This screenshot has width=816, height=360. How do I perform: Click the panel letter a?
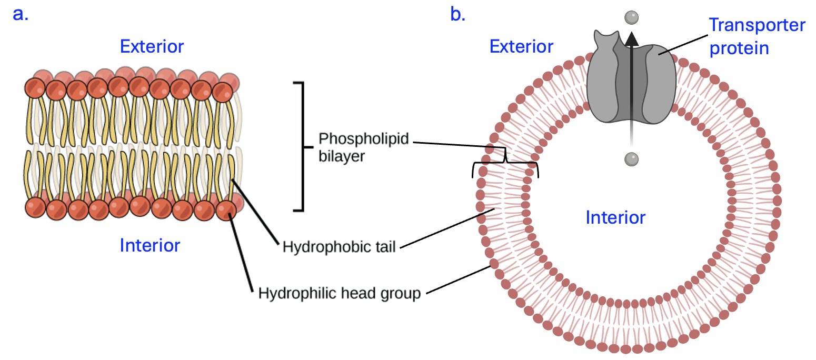pos(20,14)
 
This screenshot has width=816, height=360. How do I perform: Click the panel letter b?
pos(457,14)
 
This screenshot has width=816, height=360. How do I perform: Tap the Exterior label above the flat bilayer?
pos(152,46)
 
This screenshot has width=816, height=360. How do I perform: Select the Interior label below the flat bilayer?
pos(150,245)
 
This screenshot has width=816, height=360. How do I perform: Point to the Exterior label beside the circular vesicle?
pos(521,46)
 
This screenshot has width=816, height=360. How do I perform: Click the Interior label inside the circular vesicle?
pos(615,217)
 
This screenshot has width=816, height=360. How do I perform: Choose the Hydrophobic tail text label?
pos(339,247)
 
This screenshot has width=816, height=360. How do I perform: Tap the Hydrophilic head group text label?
pos(339,293)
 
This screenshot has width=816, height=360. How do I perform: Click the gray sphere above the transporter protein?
pos(631,18)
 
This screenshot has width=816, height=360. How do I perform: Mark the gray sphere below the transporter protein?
pos(631,158)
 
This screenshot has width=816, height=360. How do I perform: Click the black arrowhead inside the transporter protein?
pos(631,38)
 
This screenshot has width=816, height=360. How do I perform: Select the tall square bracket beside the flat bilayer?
pos(301,146)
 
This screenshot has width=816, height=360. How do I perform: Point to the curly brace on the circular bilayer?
pos(505,164)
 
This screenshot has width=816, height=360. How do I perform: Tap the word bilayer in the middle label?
pos(341,156)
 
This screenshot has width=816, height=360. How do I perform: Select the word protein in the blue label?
pos(739,48)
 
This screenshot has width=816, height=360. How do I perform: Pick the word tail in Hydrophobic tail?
pos(385,247)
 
